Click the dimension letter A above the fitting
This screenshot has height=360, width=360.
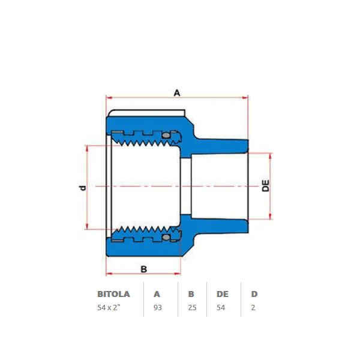tap(177, 93)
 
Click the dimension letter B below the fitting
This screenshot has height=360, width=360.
tap(144, 269)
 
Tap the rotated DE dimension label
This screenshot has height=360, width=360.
tap(266, 186)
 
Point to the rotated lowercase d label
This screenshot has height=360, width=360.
tap(82, 188)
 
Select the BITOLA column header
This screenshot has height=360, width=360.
tap(113, 294)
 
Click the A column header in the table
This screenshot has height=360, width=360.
tap(157, 294)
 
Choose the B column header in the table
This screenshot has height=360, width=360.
tap(191, 294)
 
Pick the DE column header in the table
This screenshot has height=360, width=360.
tap(223, 294)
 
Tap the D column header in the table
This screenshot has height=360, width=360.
tap(254, 294)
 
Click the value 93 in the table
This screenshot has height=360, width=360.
tap(158, 307)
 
